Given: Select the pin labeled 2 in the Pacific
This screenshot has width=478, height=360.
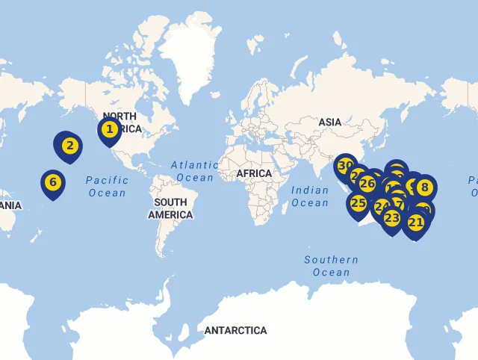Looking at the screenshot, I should point(69,145).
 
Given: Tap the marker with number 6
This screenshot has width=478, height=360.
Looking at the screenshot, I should point(52,182).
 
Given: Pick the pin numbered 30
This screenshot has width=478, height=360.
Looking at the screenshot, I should point(344,166).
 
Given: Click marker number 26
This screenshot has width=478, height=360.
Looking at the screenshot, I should point(367,183).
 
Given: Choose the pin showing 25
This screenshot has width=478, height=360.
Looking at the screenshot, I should point(358,202).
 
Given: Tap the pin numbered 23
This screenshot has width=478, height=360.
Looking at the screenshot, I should point(392,218).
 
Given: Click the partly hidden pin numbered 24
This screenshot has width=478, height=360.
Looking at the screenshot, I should point(380,206).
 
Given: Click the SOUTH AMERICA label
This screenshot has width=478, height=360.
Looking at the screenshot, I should point(170,208).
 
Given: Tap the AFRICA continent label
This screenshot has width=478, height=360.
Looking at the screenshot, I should point(254,173).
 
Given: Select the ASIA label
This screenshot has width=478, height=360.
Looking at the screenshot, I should point(329,122).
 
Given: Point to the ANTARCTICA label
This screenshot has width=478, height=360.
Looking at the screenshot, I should point(235,330).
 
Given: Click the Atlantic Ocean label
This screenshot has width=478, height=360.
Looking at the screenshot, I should point(195,171).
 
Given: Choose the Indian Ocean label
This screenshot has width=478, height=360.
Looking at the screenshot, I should point(310,196).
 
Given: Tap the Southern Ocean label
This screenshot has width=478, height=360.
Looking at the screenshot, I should point(331,266).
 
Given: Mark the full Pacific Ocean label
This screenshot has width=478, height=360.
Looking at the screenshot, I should point(107,186).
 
